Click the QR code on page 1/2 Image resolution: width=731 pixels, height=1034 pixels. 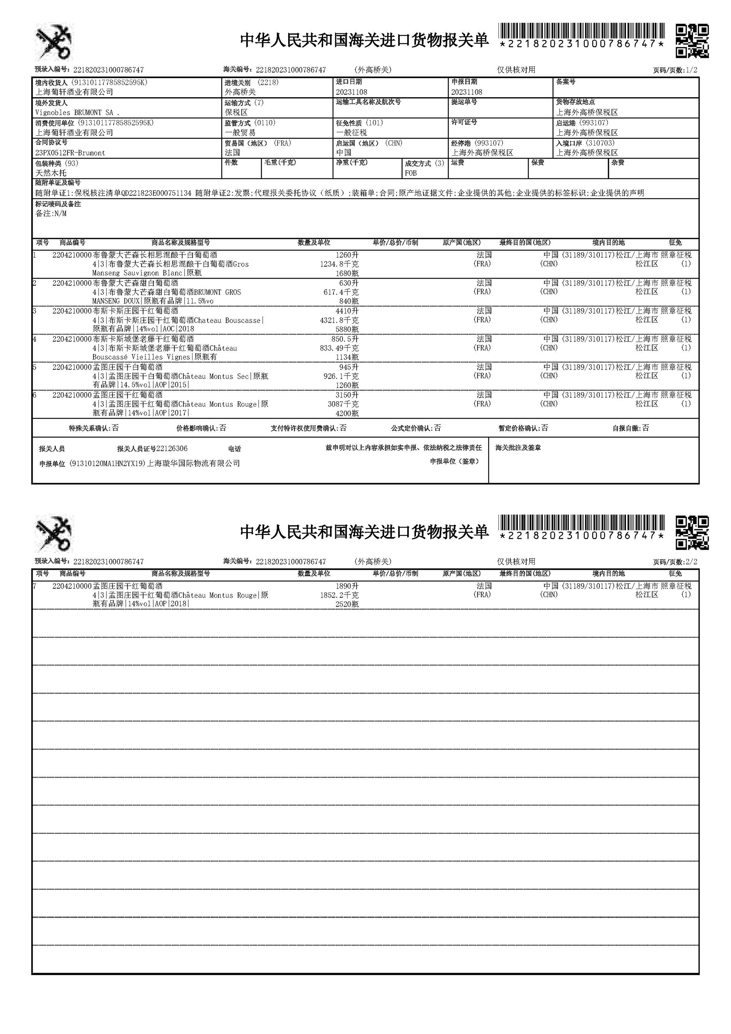tap(692, 41)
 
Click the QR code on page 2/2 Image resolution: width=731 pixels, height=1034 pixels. tap(692, 533)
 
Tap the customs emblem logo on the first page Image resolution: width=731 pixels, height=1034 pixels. tap(55, 42)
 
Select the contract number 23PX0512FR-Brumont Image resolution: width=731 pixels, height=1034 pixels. tap(70, 152)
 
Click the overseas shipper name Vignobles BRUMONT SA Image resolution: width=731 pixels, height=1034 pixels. tap(77, 112)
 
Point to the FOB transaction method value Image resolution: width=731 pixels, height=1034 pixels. tap(411, 173)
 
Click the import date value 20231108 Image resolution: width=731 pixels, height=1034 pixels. tap(351, 92)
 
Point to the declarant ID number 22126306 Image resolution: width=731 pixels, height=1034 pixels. tap(172, 448)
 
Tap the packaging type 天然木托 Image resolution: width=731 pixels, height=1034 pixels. tap(51, 173)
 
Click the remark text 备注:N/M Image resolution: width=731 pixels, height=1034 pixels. tap(51, 213)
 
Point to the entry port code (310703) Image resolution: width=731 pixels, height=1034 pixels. tap(600, 143)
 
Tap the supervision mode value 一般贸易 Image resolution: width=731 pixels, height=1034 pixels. tap(240, 132)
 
